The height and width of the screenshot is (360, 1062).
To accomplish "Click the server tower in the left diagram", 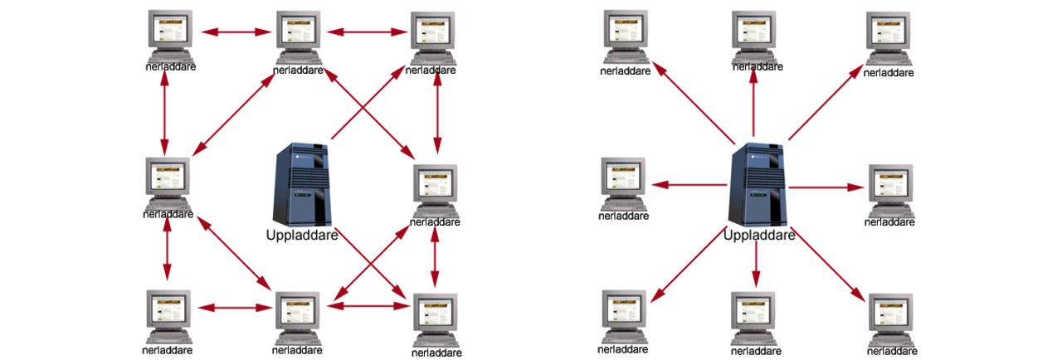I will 302,183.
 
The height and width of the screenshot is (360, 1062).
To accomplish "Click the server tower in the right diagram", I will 756,183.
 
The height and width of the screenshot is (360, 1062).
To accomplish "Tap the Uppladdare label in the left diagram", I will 301,236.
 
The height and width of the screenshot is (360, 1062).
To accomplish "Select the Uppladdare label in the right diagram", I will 759,235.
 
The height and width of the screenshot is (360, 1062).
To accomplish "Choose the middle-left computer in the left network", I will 168,182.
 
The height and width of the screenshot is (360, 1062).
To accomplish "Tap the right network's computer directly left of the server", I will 623,182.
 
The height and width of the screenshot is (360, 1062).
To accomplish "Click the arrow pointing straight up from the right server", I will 753,104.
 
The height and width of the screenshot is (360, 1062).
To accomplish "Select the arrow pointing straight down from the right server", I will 755,265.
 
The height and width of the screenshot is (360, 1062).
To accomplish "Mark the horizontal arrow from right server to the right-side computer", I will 825,187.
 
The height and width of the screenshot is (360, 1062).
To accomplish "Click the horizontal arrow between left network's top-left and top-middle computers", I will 237,32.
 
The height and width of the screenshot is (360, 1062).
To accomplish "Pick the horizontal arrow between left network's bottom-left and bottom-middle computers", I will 236,308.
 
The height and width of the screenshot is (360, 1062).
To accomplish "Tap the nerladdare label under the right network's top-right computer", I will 888,73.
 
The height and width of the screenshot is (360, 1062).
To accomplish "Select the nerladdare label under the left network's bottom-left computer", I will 167,349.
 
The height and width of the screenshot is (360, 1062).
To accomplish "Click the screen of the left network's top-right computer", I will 432,32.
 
